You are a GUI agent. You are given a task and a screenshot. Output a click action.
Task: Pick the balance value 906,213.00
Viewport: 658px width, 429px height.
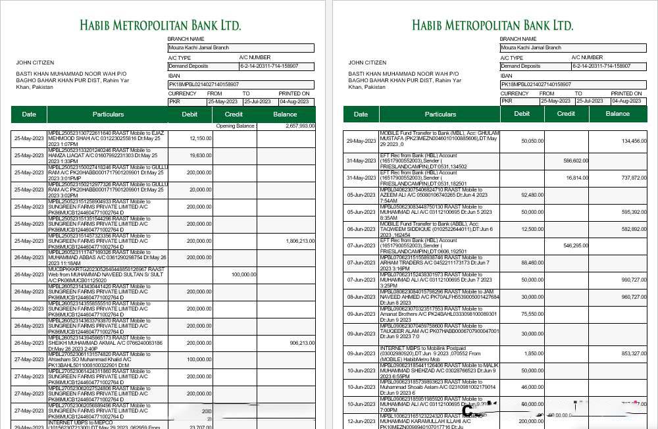(302, 343)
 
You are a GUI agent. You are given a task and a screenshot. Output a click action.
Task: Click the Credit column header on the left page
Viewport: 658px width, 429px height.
(234, 114)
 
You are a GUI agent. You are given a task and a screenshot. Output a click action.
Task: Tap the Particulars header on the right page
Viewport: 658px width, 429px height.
(440, 114)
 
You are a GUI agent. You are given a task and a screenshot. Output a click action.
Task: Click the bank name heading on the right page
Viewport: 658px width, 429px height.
(492, 25)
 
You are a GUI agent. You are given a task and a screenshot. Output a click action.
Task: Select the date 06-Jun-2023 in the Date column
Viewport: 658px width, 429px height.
(361, 229)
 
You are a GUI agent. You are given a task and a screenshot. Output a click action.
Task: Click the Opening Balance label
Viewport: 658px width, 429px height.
(235, 125)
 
